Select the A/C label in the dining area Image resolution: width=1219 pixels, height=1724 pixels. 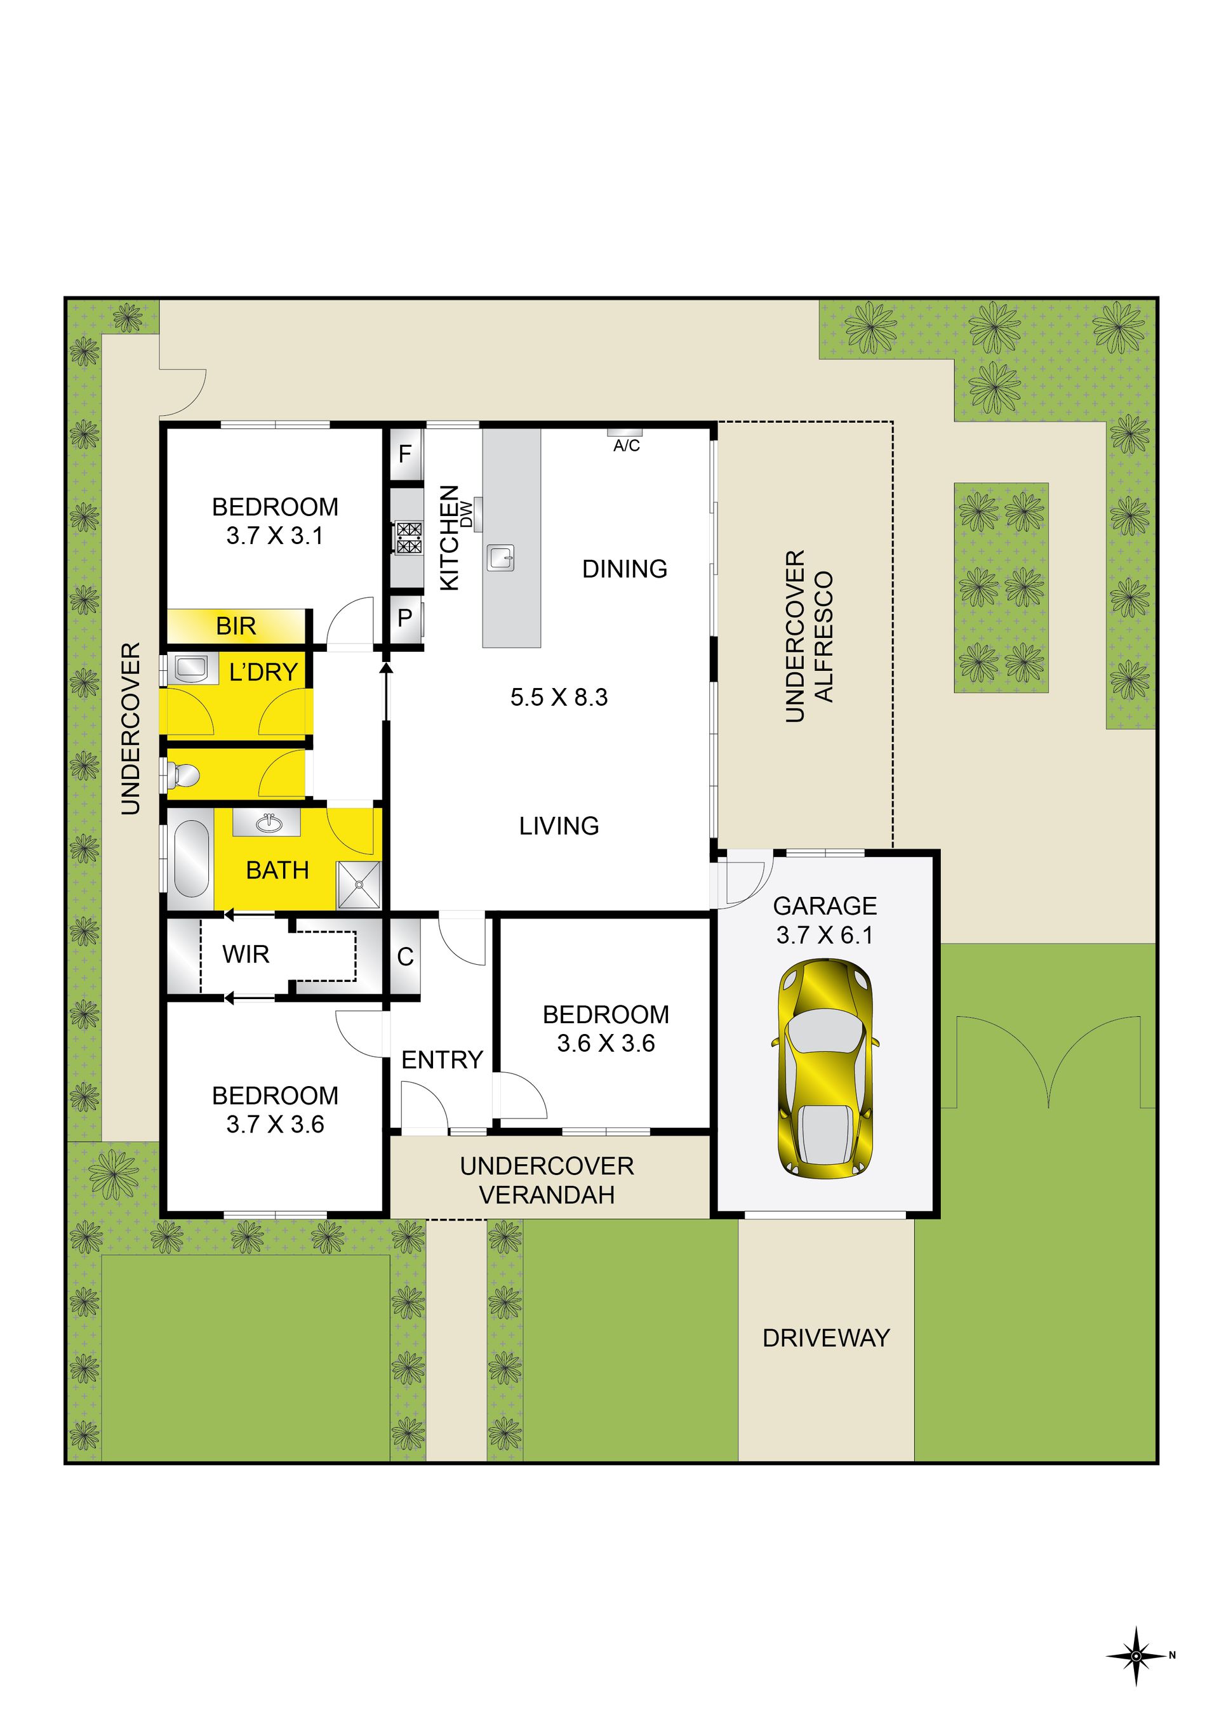click(627, 446)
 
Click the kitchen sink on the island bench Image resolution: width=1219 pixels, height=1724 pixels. click(501, 558)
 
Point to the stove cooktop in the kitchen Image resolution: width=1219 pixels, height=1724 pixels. click(410, 538)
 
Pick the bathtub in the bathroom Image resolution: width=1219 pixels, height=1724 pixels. click(192, 858)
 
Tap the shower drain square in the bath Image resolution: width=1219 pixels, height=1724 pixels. click(359, 884)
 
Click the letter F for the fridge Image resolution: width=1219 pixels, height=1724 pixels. click(405, 453)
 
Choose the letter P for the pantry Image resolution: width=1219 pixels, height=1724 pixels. click(405, 618)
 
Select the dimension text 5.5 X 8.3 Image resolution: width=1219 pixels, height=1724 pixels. click(559, 698)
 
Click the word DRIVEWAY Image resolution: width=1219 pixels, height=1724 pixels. click(826, 1337)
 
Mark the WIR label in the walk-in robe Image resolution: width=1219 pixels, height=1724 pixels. click(246, 955)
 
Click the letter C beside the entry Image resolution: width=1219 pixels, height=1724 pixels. click(405, 957)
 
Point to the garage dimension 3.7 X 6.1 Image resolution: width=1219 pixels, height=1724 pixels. click(825, 936)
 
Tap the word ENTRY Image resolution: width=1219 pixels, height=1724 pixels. click(442, 1059)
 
